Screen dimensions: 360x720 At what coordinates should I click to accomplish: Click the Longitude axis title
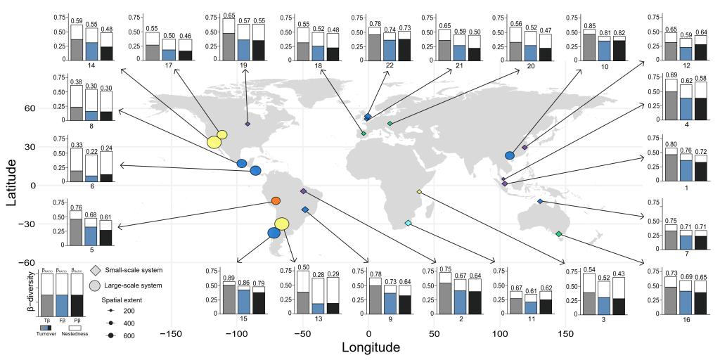(x=361, y=347)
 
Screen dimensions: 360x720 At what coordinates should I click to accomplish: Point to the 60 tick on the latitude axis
(x=32, y=109)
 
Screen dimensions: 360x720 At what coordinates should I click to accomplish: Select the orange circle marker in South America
(x=276, y=201)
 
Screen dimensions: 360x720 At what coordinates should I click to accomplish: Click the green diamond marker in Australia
(x=559, y=233)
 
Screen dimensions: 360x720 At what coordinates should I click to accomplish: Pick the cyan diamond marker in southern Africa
(x=408, y=224)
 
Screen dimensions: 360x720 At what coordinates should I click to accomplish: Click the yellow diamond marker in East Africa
(x=420, y=192)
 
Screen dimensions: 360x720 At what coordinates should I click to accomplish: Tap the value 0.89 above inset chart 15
(x=229, y=278)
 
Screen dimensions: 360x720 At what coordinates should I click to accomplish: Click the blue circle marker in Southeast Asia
(x=510, y=155)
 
